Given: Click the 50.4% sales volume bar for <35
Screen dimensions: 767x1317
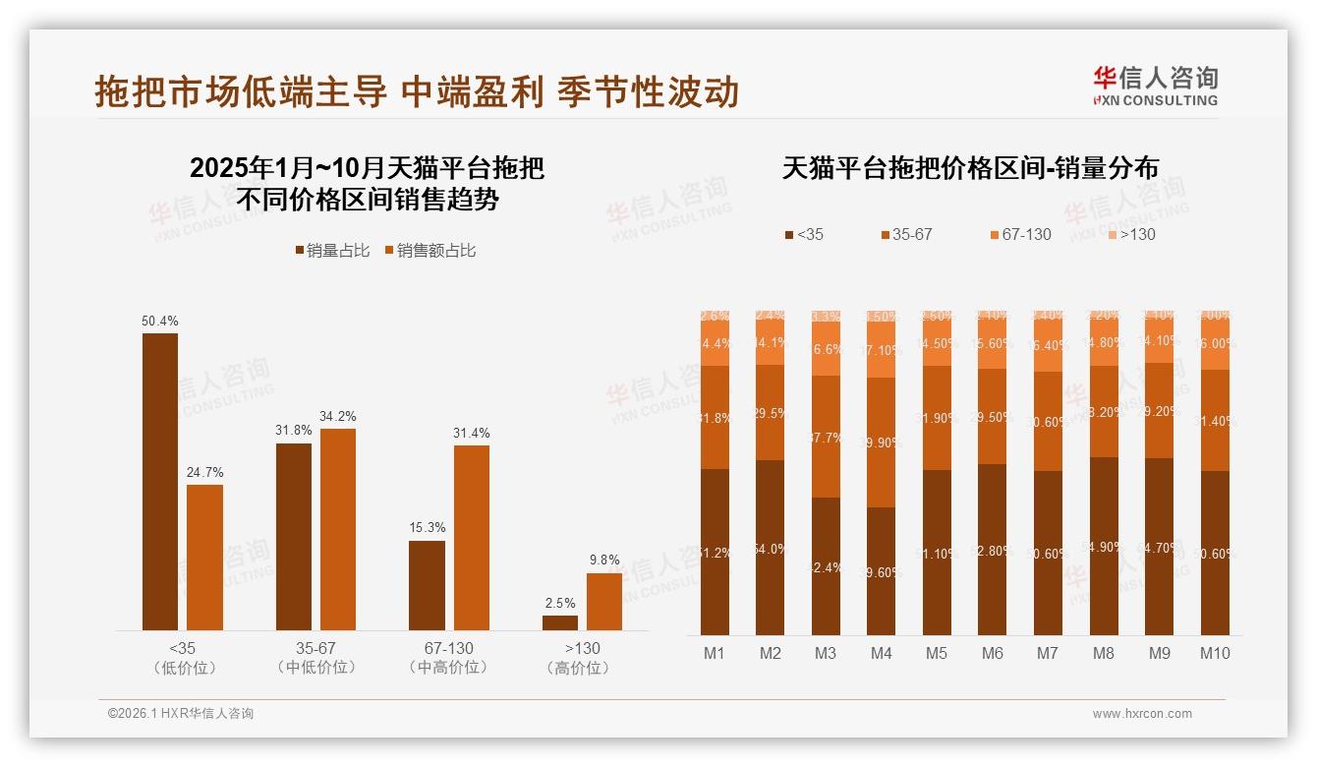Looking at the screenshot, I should click(x=160, y=482).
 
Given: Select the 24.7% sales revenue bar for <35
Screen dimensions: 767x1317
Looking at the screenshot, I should click(x=204, y=558).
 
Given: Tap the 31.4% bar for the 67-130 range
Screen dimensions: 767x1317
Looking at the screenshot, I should click(x=471, y=538).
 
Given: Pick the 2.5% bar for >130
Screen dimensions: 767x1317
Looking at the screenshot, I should click(x=560, y=622).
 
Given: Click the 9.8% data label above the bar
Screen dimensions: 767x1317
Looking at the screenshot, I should click(x=604, y=560).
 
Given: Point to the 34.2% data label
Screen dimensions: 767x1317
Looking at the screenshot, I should click(x=338, y=416).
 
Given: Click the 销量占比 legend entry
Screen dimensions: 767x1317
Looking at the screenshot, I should click(x=332, y=251).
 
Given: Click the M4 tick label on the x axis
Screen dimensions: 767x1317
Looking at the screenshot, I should click(x=882, y=653).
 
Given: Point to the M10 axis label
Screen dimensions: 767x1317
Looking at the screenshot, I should click(x=1215, y=653).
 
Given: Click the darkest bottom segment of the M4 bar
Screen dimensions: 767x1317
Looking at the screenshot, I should click(x=882, y=571).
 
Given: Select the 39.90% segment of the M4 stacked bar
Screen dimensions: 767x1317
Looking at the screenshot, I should click(x=882, y=442).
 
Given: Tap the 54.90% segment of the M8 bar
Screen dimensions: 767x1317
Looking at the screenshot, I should click(x=1104, y=547).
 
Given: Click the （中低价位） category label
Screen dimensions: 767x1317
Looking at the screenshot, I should click(x=315, y=668).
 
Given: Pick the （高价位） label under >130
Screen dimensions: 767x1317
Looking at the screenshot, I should click(x=582, y=668).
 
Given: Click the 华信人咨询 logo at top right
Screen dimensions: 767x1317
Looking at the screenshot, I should click(x=1155, y=86).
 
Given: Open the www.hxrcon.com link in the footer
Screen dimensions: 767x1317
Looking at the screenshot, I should click(x=1142, y=714).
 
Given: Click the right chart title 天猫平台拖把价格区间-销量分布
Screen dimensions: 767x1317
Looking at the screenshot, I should click(x=970, y=168).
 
